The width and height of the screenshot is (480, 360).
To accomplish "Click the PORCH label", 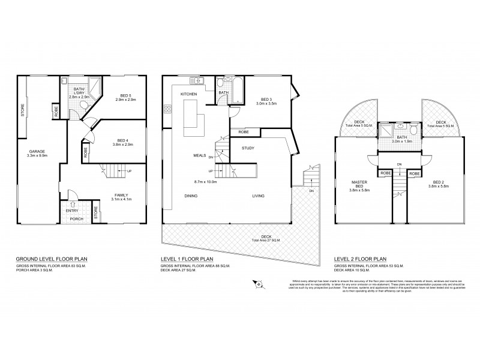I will tap(76, 218).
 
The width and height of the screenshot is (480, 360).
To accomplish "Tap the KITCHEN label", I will tap(190, 95).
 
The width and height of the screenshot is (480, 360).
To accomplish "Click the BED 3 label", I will tap(267, 99).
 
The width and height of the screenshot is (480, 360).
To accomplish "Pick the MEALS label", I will tap(200, 155).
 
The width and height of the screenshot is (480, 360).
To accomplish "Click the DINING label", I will tap(191, 196).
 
